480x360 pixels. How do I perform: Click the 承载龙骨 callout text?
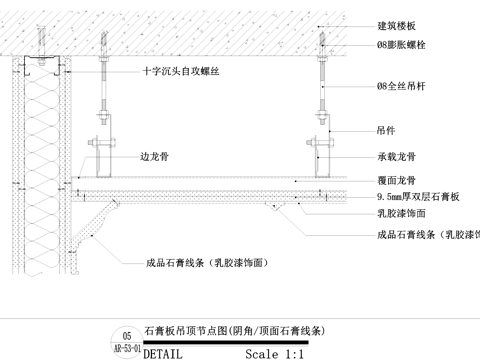point(397,157)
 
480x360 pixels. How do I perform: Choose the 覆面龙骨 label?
point(397,180)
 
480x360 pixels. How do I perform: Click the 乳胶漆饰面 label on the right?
point(402,214)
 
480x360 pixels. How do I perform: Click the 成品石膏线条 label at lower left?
point(210,263)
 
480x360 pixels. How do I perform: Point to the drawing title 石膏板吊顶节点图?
point(236,331)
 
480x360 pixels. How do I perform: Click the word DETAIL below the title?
point(165,353)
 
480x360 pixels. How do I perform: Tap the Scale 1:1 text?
point(274,353)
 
